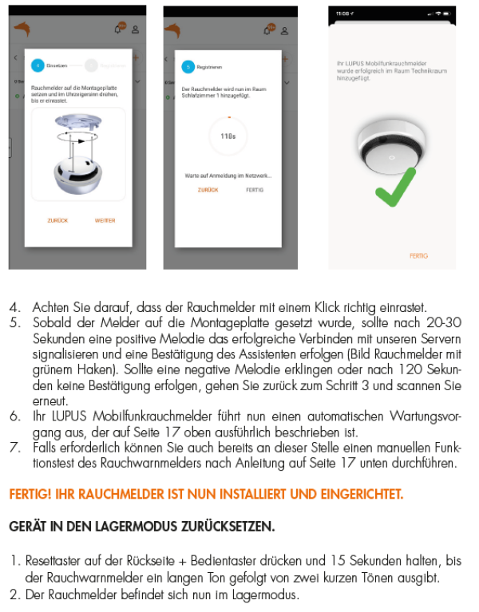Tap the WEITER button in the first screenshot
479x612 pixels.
105,220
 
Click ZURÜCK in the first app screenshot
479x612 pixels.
57,220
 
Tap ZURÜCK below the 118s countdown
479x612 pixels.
208,190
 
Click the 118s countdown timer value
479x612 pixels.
228,136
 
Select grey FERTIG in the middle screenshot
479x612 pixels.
255,190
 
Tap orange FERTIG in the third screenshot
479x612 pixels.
418,256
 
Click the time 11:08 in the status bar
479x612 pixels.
342,14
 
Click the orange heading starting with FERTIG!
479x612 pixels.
206,494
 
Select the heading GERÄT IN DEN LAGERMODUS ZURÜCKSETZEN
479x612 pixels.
142,527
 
